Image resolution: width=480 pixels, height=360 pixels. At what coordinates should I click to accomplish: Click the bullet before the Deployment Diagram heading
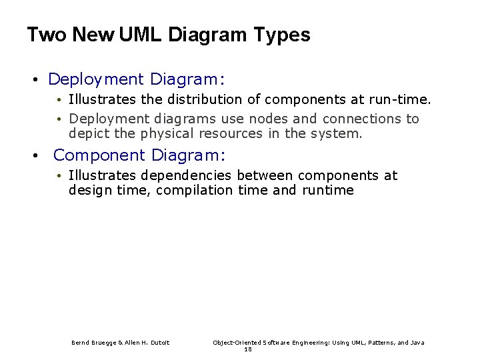click(35, 81)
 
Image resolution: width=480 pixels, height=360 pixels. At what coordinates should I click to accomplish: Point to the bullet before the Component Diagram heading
click(35, 157)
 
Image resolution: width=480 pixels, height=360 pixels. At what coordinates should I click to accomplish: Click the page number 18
click(248, 349)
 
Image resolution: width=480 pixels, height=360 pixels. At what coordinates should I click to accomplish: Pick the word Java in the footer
click(417, 343)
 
